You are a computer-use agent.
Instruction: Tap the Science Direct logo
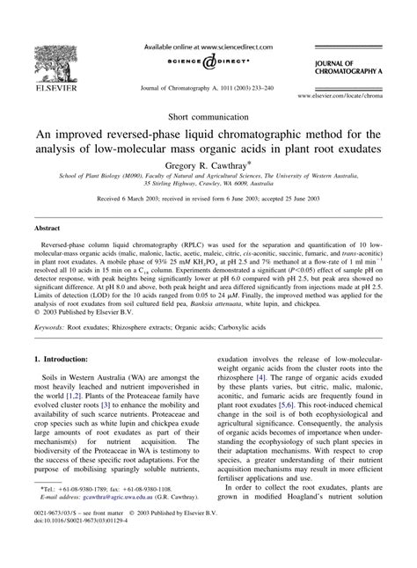[x=208, y=62]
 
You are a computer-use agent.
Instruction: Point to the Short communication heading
[x=208, y=115]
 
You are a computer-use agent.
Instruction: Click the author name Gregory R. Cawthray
[x=208, y=164]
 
